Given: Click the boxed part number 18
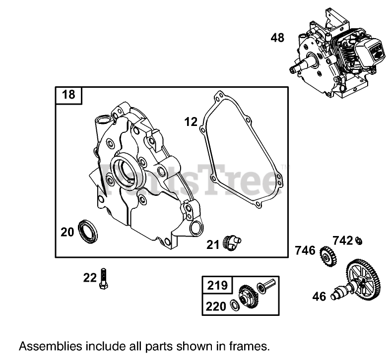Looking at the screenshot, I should tap(68, 94).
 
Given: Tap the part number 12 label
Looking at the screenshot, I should tap(191, 121).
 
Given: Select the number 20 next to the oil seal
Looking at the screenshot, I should tap(68, 232).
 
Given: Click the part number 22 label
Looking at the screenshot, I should tap(90, 278).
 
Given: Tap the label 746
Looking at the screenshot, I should tap(305, 250).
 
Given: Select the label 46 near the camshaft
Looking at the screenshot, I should tap(319, 297).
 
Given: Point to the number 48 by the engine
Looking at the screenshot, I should tap(277, 37).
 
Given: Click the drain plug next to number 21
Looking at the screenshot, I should tap(231, 243).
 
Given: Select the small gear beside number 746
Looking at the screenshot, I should tap(327, 255).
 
